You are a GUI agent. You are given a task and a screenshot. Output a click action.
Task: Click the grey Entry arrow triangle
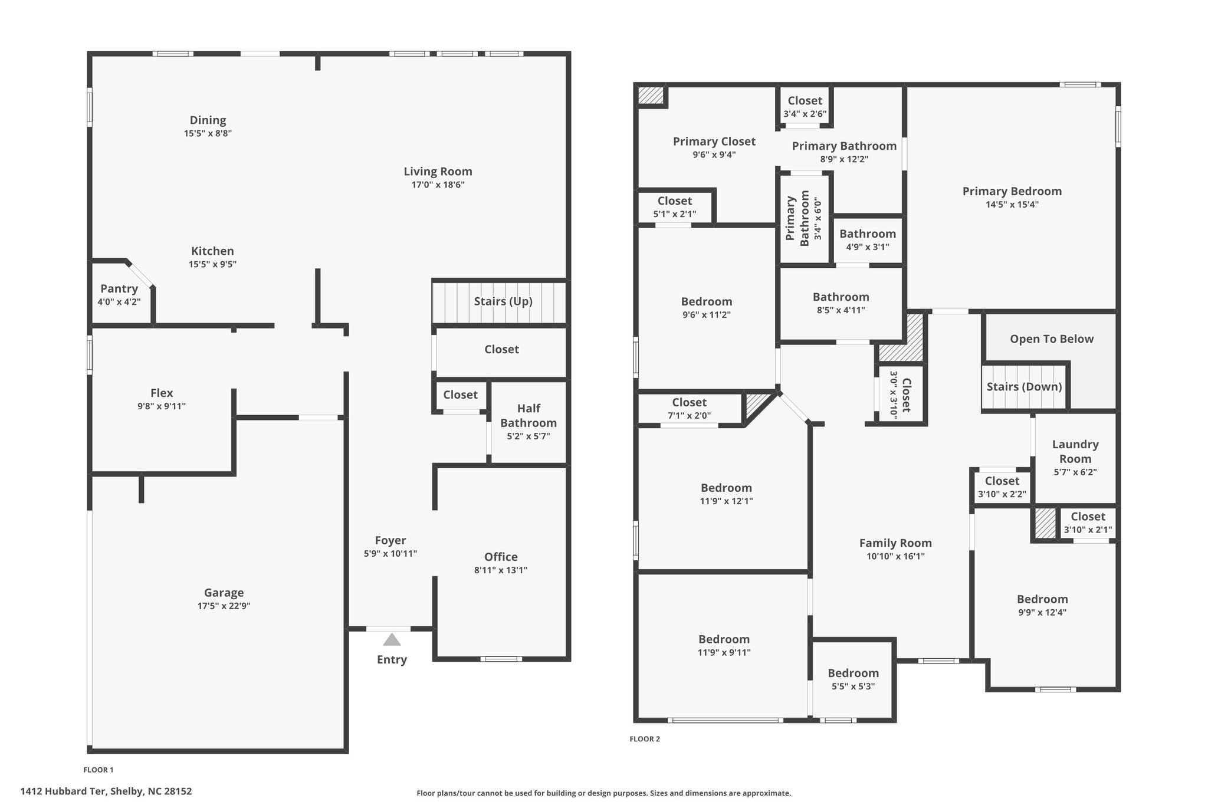pos(392,640)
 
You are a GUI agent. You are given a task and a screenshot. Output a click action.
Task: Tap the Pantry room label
pos(119,288)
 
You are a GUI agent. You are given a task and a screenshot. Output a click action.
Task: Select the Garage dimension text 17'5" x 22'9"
pos(224,606)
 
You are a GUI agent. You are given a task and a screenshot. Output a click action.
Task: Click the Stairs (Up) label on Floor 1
pos(503,301)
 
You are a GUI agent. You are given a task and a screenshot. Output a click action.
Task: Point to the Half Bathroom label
pos(528,415)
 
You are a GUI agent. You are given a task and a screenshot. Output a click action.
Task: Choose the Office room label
pos(501,557)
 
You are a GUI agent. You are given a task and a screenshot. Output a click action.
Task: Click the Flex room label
pos(162,393)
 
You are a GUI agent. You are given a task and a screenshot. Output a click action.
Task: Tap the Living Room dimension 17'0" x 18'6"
pos(438,185)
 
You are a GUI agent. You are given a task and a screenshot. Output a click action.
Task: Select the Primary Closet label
pos(714,142)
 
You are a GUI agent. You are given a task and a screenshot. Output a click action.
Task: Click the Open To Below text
pos(1052,339)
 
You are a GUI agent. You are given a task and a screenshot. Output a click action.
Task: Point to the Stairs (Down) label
pos(1025,387)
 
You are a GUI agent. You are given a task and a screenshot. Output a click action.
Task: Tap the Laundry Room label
pos(1075,451)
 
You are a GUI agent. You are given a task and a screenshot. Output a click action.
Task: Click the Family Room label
pos(895,543)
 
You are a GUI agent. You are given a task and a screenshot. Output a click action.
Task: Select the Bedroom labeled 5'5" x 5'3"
pos(853,673)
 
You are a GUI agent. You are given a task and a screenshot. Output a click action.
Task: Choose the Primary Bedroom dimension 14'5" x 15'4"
pos(1012,205)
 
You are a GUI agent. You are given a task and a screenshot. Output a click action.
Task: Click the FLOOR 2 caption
pos(645,739)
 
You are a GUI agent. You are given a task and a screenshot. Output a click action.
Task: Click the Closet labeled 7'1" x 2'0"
pos(689,402)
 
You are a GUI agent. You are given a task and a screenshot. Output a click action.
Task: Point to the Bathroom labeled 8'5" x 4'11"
pos(841,297)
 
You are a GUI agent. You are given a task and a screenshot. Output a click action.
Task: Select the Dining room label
pos(208,120)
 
